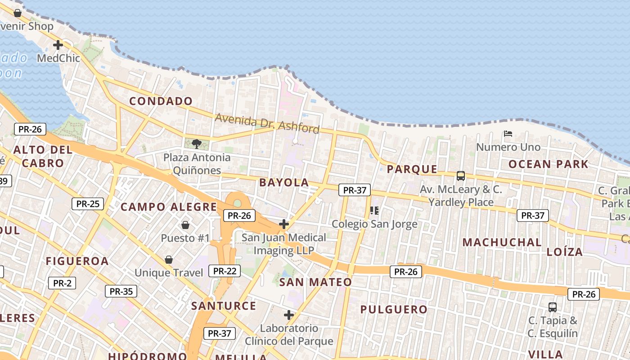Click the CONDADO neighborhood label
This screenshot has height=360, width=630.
(x=161, y=101)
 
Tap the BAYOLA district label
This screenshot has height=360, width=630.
(x=284, y=183)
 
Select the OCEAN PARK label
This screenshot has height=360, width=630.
(x=548, y=164)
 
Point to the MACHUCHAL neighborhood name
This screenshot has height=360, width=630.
(x=502, y=243)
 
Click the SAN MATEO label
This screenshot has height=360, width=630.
(x=315, y=283)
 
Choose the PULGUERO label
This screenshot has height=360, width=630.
(x=394, y=310)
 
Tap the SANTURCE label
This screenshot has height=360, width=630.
(x=224, y=306)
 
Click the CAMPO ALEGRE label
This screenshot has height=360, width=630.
(x=169, y=207)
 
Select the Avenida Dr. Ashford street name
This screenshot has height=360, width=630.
(x=267, y=123)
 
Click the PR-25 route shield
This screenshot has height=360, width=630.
(x=88, y=204)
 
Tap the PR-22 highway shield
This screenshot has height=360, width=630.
(x=225, y=271)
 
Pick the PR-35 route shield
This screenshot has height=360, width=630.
(x=121, y=291)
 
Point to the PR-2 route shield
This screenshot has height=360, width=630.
(x=62, y=283)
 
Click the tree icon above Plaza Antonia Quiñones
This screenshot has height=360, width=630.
(x=196, y=144)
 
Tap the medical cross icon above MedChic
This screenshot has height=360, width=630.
(x=58, y=45)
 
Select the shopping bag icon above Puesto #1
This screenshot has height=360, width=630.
(x=185, y=225)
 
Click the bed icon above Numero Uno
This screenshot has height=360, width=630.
(x=508, y=134)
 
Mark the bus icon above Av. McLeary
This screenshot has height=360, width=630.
(x=460, y=176)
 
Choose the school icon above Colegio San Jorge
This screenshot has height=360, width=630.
(x=374, y=211)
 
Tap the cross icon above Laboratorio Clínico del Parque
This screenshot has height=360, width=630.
(x=289, y=315)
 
